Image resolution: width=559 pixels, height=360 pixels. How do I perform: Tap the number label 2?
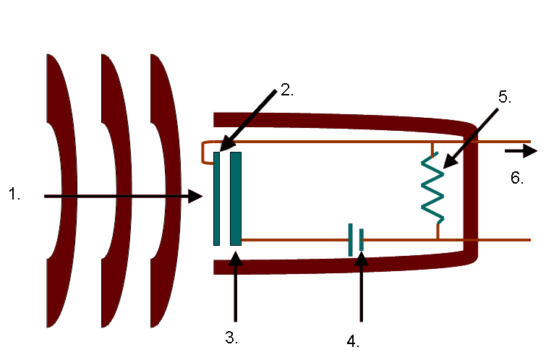[x=287, y=90]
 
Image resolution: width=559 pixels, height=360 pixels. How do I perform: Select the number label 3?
[x=231, y=337]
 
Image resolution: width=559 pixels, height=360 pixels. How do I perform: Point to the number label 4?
[x=353, y=339]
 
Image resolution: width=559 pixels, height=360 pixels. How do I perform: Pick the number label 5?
[x=504, y=98]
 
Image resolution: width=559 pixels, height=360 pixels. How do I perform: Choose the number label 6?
[x=517, y=178]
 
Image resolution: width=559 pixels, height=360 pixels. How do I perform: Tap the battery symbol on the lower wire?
[x=355, y=240]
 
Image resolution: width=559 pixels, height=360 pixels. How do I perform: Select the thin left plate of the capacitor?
[x=216, y=198]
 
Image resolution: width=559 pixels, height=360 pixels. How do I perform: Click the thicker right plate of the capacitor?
[x=236, y=198]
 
